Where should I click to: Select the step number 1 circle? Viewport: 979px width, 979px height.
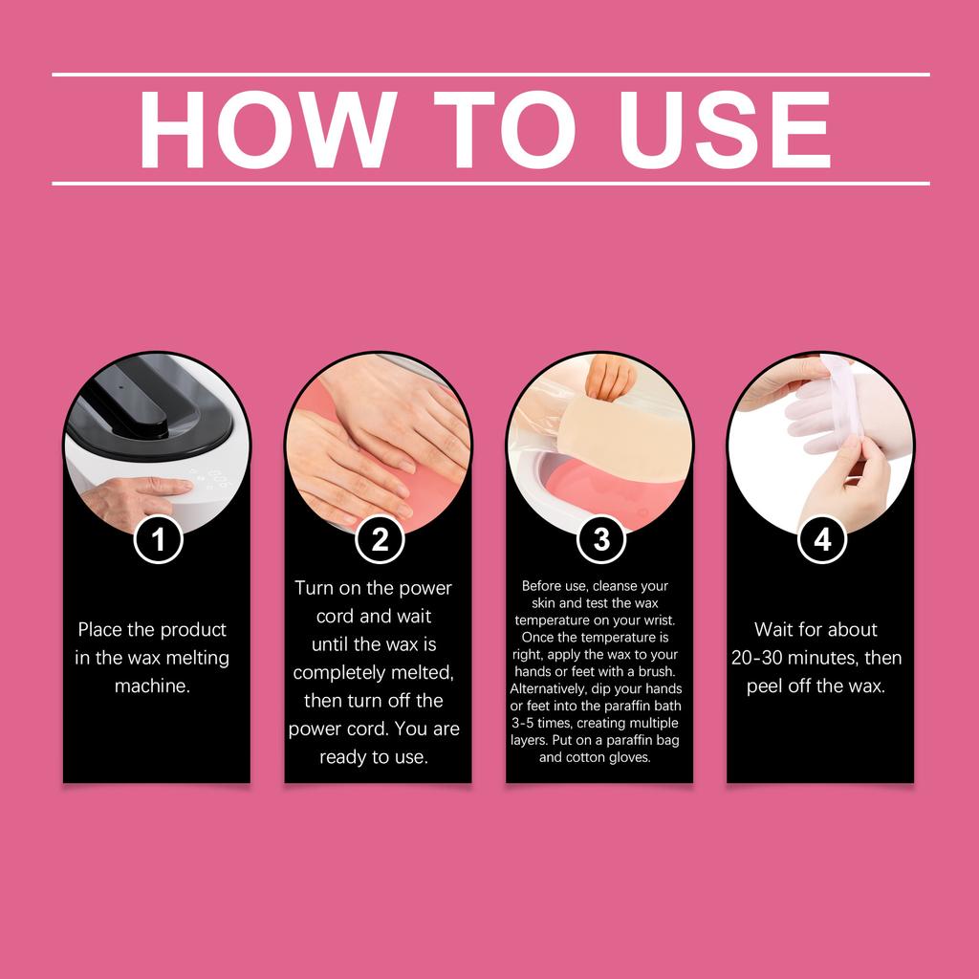[x=158, y=540]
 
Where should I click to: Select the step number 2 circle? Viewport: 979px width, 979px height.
[x=380, y=540]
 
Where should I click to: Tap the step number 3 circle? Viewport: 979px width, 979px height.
[x=601, y=540]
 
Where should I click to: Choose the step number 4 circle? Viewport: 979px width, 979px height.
[x=822, y=540]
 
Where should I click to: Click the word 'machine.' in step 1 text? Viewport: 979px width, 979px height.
[x=152, y=686]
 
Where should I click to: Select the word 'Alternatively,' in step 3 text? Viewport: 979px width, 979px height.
[x=554, y=688]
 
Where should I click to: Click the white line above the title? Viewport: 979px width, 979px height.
[x=489, y=74]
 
